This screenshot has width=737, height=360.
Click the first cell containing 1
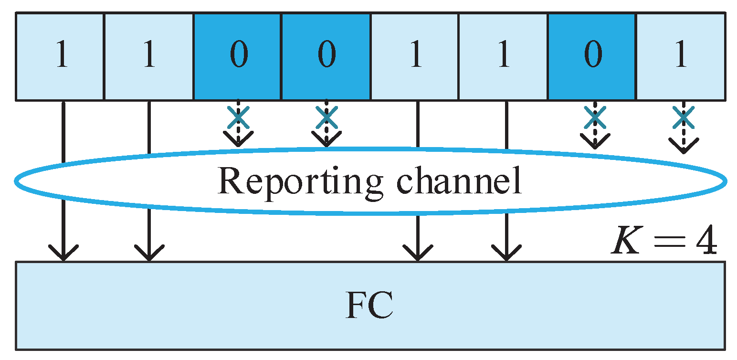(60, 57)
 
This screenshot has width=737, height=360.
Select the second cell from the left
(148, 57)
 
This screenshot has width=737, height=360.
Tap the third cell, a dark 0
(238, 57)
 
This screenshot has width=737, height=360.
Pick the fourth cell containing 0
(326, 57)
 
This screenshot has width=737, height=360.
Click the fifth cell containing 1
(414, 57)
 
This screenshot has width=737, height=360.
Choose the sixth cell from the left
(503, 57)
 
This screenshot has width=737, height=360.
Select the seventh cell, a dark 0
(592, 57)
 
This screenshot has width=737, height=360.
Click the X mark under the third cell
(238, 117)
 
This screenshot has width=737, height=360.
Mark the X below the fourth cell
(326, 117)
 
